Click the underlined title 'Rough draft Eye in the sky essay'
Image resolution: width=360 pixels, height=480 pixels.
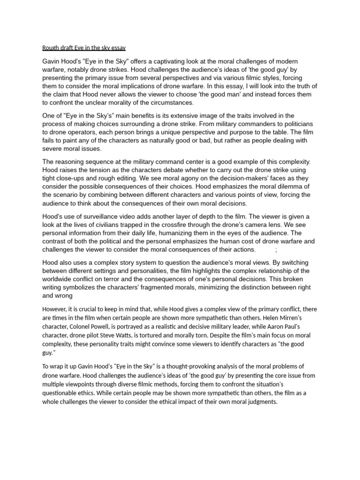coord(84,48)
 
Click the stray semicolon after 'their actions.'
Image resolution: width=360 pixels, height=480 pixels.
coord(276,249)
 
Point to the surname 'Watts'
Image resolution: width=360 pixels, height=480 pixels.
coord(138,336)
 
